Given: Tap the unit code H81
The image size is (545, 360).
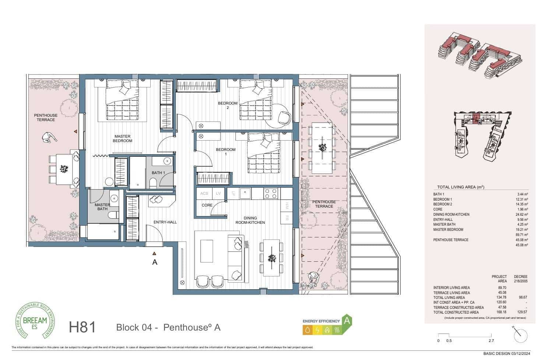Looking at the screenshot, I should tap(82, 327).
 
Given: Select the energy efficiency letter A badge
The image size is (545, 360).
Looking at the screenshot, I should tap(346, 321).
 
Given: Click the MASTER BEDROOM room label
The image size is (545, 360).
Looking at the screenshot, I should tap(122, 139).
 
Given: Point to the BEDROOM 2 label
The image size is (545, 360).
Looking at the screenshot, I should tap(228, 106).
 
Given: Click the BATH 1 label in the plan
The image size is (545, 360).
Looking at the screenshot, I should tap(158, 173).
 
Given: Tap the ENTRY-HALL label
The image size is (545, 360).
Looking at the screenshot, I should tap(165, 222).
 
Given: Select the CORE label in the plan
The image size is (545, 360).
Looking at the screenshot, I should tap(207, 205).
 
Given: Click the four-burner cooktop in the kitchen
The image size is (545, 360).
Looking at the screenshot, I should tap(270, 193).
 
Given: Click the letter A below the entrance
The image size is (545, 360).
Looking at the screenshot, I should tap(155, 262).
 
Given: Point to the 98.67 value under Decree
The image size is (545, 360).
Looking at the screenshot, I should tap(523, 297).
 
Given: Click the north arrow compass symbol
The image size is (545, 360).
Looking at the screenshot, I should tap(520, 334).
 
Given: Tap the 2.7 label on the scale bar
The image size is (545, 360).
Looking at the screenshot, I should tap(491, 341).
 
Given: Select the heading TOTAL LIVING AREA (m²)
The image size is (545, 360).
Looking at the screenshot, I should tap(460, 187).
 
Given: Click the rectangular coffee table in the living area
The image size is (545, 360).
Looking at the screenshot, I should tap(207, 251).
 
